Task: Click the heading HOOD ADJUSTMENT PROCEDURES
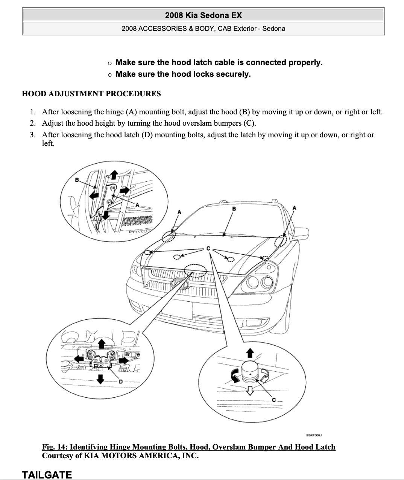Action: click(91, 94)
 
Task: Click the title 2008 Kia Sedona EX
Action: click(203, 15)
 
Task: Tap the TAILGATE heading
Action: click(47, 475)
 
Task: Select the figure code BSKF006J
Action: click(314, 435)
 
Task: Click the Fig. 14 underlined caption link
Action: click(188, 447)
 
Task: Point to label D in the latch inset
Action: click(121, 381)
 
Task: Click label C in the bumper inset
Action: click(273, 400)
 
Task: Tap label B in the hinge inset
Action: click(77, 180)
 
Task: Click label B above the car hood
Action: click(234, 209)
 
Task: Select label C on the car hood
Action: click(208, 249)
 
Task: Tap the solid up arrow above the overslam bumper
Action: click(249, 353)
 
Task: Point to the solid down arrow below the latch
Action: click(100, 379)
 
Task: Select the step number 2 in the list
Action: click(33, 123)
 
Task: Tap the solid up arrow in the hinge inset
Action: click(114, 174)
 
